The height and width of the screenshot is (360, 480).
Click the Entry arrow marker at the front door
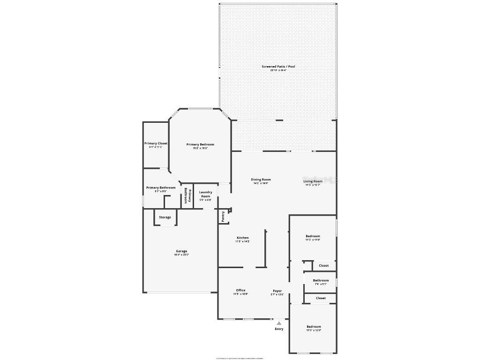tap(279, 322)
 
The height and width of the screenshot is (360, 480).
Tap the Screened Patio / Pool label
tap(278, 67)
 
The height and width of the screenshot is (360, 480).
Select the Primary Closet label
tap(156, 143)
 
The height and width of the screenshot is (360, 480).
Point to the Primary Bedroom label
tap(200, 144)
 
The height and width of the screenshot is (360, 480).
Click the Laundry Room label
tap(206, 194)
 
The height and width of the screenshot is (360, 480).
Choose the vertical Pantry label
tap(223, 216)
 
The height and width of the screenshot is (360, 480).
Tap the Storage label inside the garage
tap(165, 217)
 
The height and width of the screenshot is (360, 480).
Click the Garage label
tap(181, 251)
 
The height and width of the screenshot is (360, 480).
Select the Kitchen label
tap(242, 238)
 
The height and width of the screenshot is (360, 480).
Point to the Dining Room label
tap(261, 180)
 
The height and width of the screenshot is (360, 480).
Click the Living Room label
tap(313, 181)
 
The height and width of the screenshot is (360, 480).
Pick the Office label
tap(240, 290)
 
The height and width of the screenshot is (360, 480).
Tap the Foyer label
tap(277, 291)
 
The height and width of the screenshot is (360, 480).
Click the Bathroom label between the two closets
tap(321, 280)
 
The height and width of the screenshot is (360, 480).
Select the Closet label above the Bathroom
tap(323, 265)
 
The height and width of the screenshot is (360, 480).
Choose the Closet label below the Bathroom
tap(321, 298)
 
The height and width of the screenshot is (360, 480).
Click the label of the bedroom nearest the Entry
tap(314, 326)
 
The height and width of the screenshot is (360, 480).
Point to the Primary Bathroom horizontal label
tap(161, 187)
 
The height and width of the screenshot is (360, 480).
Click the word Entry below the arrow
tap(279, 329)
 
